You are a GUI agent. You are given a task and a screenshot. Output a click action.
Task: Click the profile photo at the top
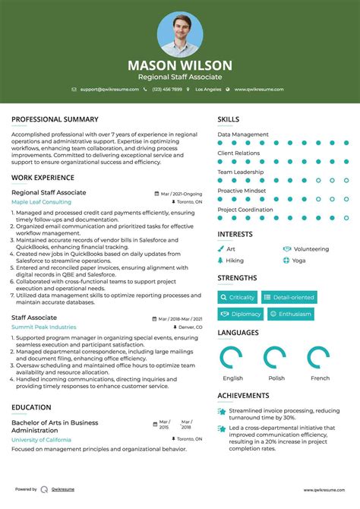(180, 33)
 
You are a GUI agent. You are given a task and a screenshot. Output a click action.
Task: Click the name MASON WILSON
(180, 65)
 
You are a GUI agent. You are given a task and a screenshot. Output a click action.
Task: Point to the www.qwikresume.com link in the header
(258, 90)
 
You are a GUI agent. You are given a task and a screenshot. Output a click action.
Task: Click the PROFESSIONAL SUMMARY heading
(55, 119)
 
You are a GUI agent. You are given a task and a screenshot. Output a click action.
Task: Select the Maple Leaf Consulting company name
(41, 202)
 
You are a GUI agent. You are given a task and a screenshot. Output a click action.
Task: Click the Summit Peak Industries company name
(43, 327)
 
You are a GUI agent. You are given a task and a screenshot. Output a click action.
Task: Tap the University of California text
(41, 440)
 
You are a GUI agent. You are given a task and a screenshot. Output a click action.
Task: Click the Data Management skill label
(243, 134)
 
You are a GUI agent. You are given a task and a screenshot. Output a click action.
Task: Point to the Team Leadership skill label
(241, 172)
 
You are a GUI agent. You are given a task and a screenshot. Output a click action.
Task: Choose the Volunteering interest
(311, 248)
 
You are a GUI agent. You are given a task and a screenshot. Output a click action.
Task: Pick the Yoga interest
(298, 260)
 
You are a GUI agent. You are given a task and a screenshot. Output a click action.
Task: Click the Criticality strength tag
(238, 297)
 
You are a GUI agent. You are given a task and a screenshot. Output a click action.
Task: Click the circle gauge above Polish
(275, 358)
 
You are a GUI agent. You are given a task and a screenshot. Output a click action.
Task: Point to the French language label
(321, 378)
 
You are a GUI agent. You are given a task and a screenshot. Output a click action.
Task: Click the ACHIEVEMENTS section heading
(243, 396)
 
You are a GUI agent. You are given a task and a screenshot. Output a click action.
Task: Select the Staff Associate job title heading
(34, 318)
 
